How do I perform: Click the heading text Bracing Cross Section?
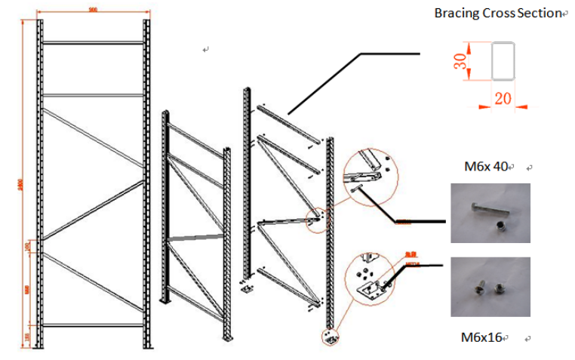click(x=498, y=14)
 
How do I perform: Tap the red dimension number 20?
click(x=504, y=98)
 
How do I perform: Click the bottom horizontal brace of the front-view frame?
click(x=93, y=325)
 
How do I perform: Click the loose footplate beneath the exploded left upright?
click(x=245, y=288)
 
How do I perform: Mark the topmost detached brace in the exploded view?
click(x=287, y=121)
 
